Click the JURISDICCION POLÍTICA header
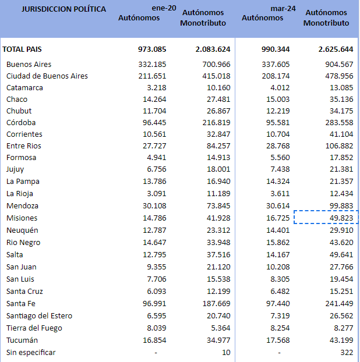click(55, 9)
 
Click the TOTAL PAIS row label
click(22, 49)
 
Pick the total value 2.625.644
click(328, 49)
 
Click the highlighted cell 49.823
click(338, 218)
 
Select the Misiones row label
click(22, 218)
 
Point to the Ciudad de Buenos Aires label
click(47, 76)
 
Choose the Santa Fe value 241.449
click(336, 303)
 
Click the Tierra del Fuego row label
click(34, 328)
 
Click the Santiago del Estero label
click(39, 315)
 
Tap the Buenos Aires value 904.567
click(336, 64)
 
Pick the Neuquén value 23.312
click(216, 230)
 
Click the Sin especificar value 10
click(226, 352)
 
